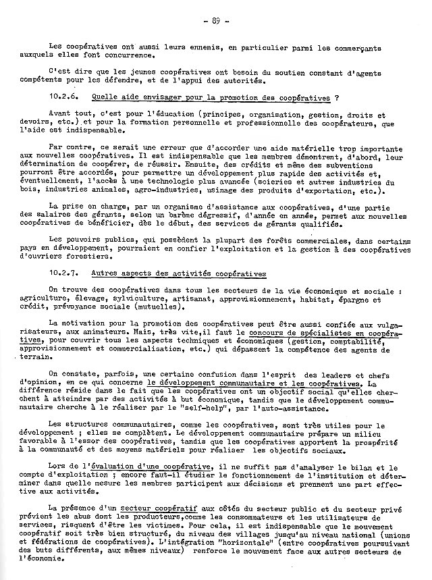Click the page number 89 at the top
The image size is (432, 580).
pyautogui.click(x=216, y=21)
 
